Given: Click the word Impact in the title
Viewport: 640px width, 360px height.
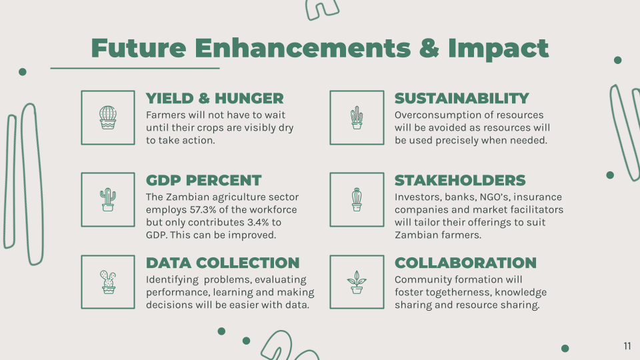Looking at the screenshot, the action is click(499, 49).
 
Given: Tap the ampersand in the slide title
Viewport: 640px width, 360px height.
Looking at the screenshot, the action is click(429, 48).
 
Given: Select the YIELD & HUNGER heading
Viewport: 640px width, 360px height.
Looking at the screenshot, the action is click(215, 99).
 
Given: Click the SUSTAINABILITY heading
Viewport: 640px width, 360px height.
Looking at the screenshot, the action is click(461, 99).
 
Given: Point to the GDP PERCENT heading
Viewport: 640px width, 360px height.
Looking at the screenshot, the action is click(204, 181).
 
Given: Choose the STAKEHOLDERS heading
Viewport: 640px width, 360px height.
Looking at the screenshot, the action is click(460, 181).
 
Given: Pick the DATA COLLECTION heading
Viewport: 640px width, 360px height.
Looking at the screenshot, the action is click(223, 263).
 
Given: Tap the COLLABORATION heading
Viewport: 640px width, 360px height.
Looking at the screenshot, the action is click(465, 263).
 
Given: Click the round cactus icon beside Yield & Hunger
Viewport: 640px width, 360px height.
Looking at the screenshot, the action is click(108, 117).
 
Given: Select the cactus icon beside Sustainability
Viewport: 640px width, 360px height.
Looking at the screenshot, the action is click(357, 117).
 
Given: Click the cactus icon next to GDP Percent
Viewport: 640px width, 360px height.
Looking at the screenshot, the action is click(108, 199).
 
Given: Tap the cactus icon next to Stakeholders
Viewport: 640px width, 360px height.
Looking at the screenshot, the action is click(357, 199).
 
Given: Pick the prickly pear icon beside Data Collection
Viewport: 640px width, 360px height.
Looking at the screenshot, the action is click(108, 282).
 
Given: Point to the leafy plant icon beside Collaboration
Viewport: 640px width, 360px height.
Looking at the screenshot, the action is click(357, 282).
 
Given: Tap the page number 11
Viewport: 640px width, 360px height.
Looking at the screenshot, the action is click(627, 346).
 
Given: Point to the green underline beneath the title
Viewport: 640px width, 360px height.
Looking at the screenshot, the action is click(135, 68).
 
